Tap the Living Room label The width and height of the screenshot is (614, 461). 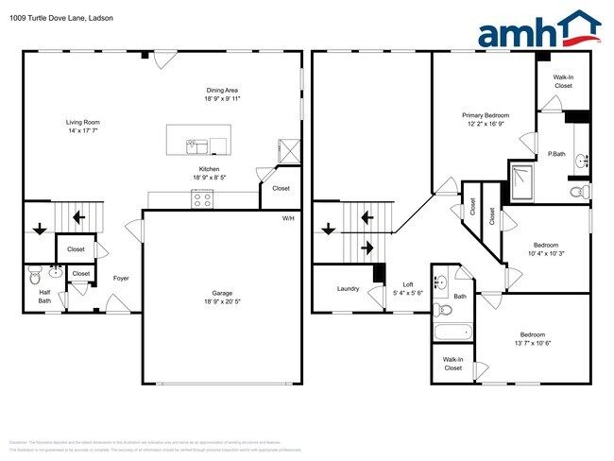pos(82,122)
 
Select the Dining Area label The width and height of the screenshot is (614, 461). pos(221,90)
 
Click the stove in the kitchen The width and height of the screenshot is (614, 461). pos(202,198)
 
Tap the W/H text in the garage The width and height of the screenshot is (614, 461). pos(288,218)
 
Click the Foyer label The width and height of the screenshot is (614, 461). pos(121,278)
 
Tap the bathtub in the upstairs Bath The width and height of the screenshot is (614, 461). pos(452,331)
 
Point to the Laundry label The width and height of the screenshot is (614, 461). pos(348,288)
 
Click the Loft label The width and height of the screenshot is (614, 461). pos(408,284)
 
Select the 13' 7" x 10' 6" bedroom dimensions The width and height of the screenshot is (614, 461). pos(532,344)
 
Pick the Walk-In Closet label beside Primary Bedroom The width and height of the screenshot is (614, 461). pos(563,81)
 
